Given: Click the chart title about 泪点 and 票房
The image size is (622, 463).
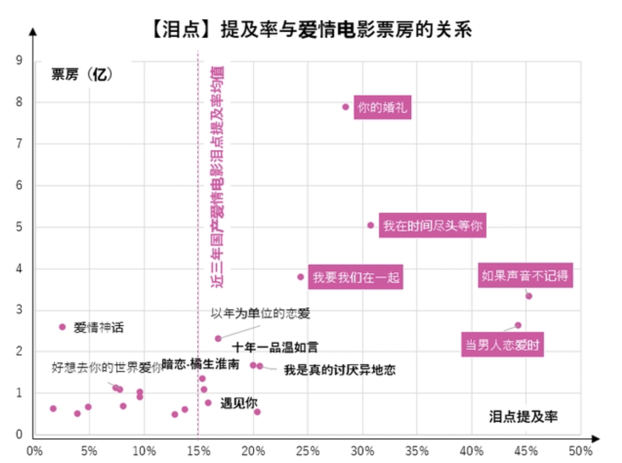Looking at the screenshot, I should [312, 30].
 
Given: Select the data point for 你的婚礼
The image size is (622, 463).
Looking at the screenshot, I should [346, 107].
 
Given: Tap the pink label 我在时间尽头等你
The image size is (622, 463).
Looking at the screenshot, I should [432, 225].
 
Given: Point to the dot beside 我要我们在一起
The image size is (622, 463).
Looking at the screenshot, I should [301, 277].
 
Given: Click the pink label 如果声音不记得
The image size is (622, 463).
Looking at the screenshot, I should [525, 276].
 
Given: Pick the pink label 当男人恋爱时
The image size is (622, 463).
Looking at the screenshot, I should [502, 344].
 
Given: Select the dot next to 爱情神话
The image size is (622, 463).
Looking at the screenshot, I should [62, 327].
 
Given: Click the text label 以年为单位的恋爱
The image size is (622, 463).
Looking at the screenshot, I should [261, 313].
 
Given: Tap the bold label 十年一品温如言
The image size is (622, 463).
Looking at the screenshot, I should [275, 347].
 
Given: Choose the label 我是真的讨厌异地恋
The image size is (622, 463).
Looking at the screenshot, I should [340, 370].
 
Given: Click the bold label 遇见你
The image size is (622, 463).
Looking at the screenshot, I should [239, 403].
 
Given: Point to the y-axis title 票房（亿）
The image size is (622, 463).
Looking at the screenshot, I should [82, 74].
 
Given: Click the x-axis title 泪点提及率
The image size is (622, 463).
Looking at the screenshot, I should [523, 416].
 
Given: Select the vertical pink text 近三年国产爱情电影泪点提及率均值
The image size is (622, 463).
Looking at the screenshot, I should [217, 176].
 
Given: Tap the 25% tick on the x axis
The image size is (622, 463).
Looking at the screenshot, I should [308, 451].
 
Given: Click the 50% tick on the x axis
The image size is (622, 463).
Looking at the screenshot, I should [580, 451].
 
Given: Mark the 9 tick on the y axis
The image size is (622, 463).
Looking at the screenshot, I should [19, 60].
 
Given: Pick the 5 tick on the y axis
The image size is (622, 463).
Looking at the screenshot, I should [19, 227].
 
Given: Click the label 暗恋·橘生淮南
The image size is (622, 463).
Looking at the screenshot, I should [201, 364].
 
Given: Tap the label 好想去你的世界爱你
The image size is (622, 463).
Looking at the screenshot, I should [106, 367].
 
